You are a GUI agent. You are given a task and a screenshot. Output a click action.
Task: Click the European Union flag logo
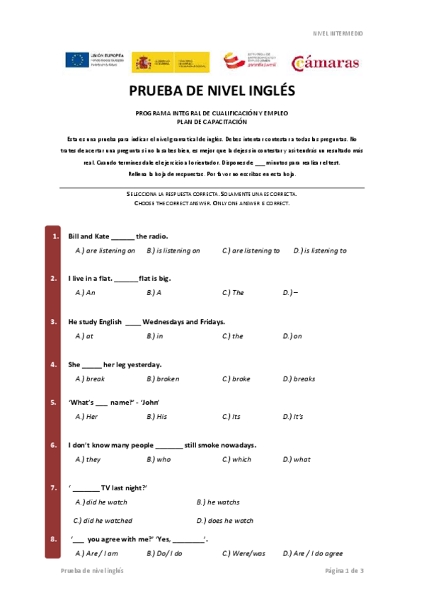tap(76, 61)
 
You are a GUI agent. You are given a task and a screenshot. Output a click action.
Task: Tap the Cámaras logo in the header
tap(325, 62)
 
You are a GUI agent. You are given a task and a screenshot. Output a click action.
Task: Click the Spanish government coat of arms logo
tap(144, 62)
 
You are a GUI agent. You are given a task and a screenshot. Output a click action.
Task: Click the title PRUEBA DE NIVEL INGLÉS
tap(212, 92)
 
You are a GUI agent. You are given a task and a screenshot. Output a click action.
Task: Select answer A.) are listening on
tap(105, 250)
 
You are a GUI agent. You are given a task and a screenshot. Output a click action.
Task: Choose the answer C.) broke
tap(236, 379)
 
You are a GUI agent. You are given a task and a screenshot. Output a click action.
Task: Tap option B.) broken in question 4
tap(163, 379)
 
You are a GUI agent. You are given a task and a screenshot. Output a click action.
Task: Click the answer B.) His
tap(156, 417)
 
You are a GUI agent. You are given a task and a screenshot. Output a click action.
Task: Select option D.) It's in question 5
tap(292, 417)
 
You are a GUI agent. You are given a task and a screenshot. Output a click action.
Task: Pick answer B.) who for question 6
tap(159, 460)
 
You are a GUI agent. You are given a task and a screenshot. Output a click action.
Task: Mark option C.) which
tap(236, 460)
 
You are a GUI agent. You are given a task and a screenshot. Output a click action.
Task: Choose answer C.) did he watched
tap(103, 521)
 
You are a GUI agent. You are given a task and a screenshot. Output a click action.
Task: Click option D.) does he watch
tap(224, 521)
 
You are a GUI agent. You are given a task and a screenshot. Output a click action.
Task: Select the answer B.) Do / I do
tap(164, 554)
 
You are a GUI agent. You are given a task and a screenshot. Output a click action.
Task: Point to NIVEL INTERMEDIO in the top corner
tap(338, 33)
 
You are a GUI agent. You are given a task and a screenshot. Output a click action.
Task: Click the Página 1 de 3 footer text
tap(344, 570)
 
